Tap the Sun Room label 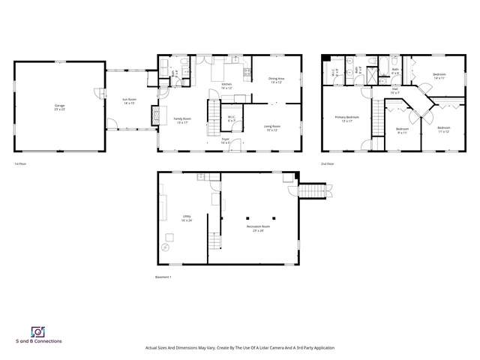pos(129,101)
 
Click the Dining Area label pos(276,80)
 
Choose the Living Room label pos(271,127)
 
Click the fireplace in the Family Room pos(156,115)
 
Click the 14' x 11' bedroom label pos(439,76)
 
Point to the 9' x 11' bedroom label pos(401,130)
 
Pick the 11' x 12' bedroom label pos(443,130)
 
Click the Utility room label pos(186,218)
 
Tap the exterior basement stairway pos(313,192)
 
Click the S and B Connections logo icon pos(37,332)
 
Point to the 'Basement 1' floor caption pos(163,277)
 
